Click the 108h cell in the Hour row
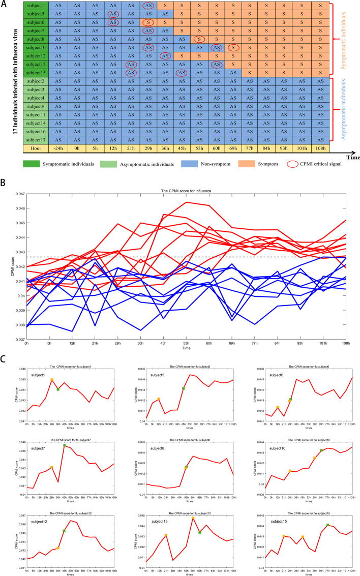(x=320, y=148)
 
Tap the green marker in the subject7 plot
(x=65, y=445)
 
